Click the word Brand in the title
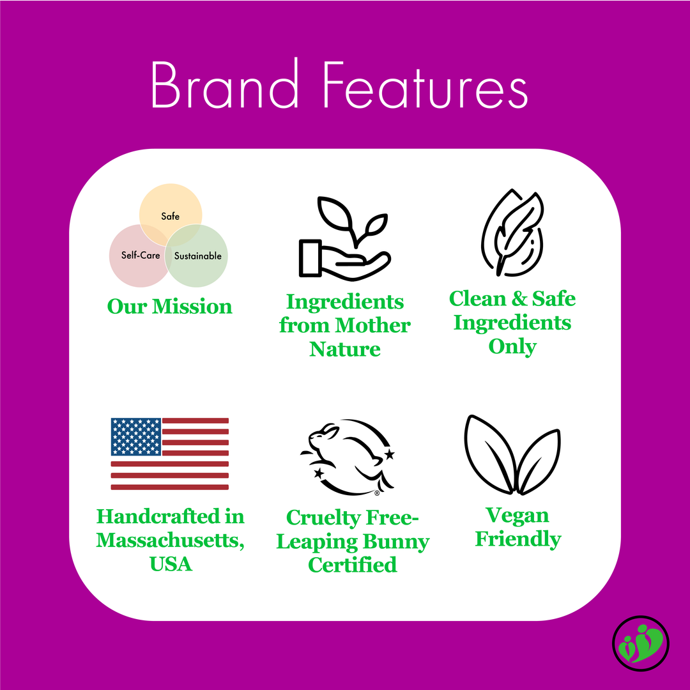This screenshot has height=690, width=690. click(225, 85)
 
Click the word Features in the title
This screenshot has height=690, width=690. click(425, 85)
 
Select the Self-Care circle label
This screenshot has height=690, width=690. click(141, 256)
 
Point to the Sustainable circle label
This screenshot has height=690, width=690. click(197, 256)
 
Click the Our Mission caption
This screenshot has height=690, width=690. click(169, 307)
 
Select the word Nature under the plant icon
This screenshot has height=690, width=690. click(345, 349)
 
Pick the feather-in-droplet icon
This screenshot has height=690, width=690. click(512, 234)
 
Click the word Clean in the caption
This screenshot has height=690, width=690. click(475, 298)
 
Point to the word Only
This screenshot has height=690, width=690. click(512, 346)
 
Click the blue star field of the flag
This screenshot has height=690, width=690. click(135, 436)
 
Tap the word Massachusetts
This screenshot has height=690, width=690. click(169, 540)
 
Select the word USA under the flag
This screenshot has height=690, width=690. click(171, 564)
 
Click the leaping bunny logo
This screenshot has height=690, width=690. click(346, 456)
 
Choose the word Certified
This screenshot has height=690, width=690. click(352, 565)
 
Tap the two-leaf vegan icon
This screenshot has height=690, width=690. click(512, 454)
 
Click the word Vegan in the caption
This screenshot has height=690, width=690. click(517, 515)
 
